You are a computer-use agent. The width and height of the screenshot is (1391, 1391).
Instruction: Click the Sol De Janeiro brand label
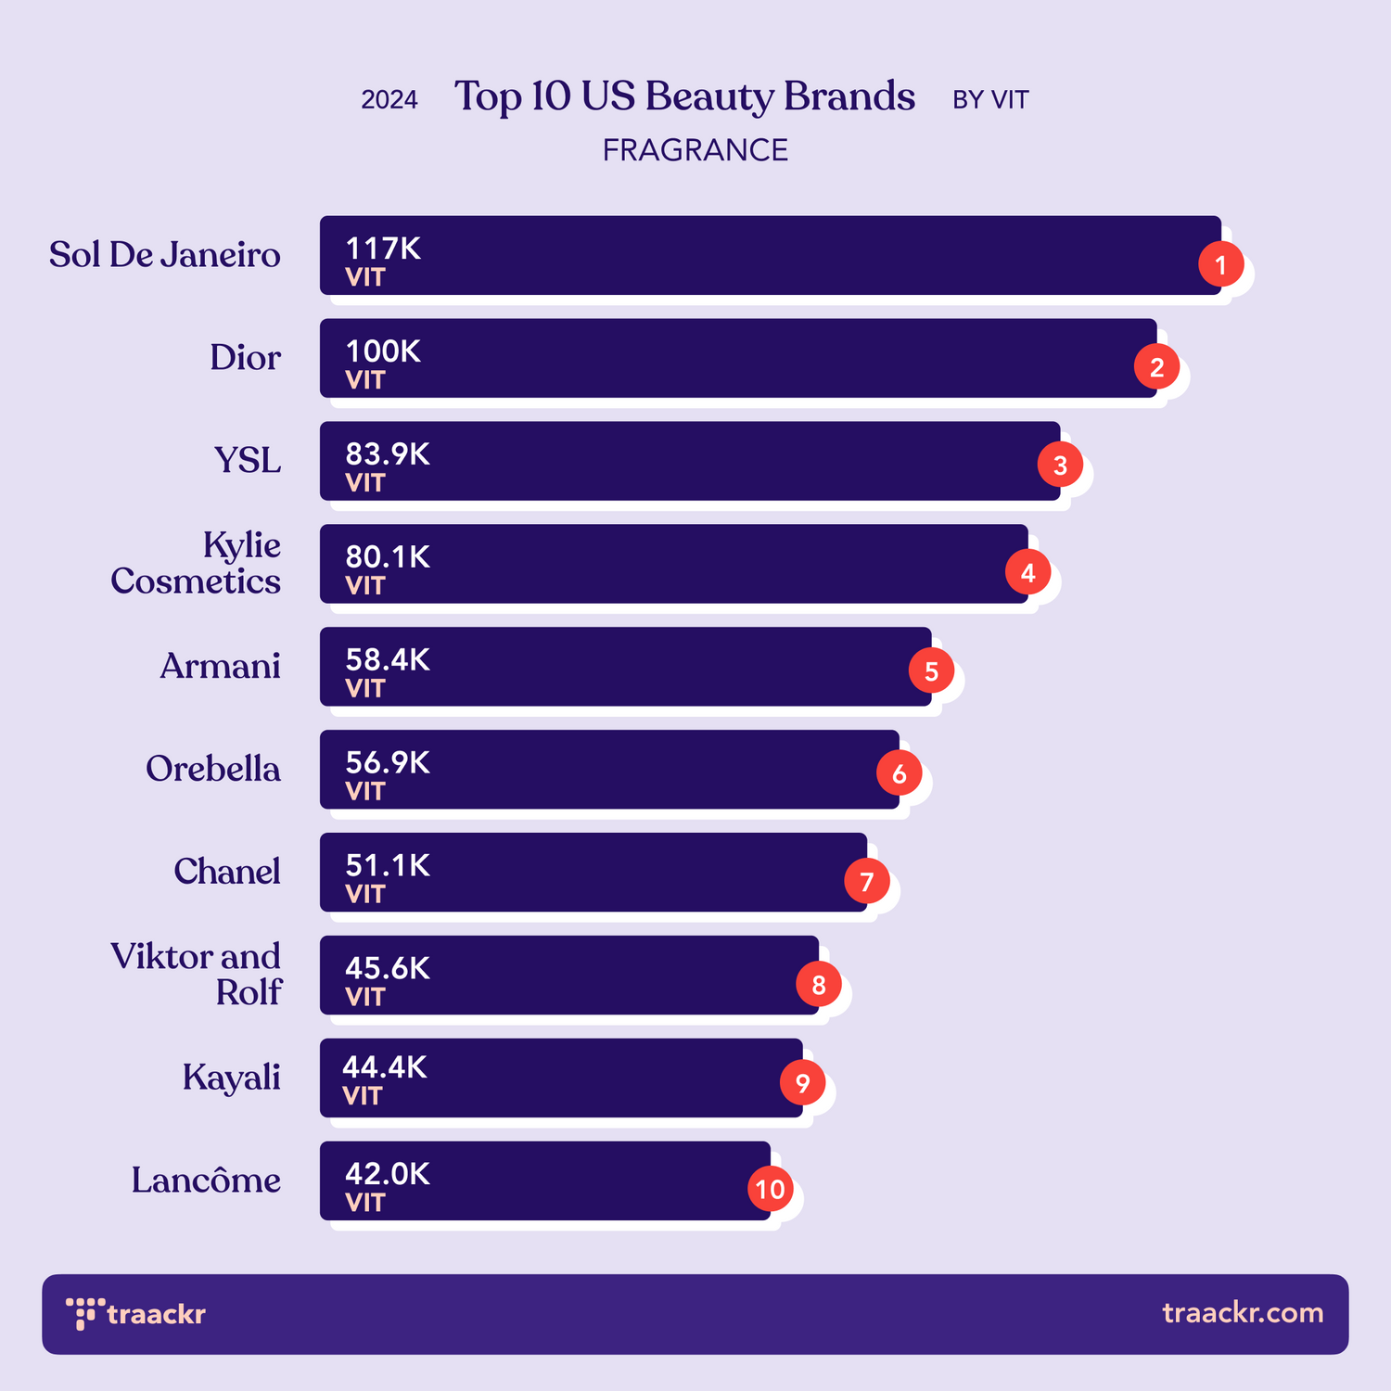(164, 255)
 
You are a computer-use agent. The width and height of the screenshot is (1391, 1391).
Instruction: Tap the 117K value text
(383, 249)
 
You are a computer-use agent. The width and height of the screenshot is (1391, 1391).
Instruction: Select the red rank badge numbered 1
(1220, 265)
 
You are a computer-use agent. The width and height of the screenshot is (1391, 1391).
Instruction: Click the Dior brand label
(245, 358)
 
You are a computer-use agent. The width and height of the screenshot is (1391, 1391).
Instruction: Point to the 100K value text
(383, 351)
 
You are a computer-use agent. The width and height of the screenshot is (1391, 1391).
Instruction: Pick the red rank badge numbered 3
(1060, 465)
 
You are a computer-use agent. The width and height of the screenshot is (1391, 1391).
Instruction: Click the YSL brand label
(248, 461)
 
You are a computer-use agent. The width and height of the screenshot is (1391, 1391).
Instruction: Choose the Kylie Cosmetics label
(197, 563)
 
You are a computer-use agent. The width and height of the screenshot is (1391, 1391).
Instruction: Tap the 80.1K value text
(388, 557)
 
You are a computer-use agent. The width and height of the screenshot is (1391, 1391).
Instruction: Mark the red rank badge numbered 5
(931, 670)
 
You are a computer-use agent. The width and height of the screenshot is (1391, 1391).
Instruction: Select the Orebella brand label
(213, 769)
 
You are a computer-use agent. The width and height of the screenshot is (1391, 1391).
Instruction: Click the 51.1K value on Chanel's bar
(388, 865)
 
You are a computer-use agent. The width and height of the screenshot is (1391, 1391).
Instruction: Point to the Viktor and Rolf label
(197, 974)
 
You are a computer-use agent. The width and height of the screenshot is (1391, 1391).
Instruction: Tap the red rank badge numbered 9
(802, 1082)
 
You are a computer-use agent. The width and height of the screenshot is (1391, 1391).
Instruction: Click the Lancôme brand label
(206, 1180)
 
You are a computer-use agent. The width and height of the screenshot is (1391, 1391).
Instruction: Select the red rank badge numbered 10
(770, 1189)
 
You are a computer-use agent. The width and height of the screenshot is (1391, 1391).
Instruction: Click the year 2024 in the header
(389, 100)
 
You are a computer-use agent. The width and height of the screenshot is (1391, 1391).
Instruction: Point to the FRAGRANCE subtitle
(695, 150)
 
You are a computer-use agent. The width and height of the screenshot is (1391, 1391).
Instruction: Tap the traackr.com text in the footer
(1243, 1313)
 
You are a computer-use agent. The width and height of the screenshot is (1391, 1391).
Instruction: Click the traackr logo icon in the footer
(84, 1313)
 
